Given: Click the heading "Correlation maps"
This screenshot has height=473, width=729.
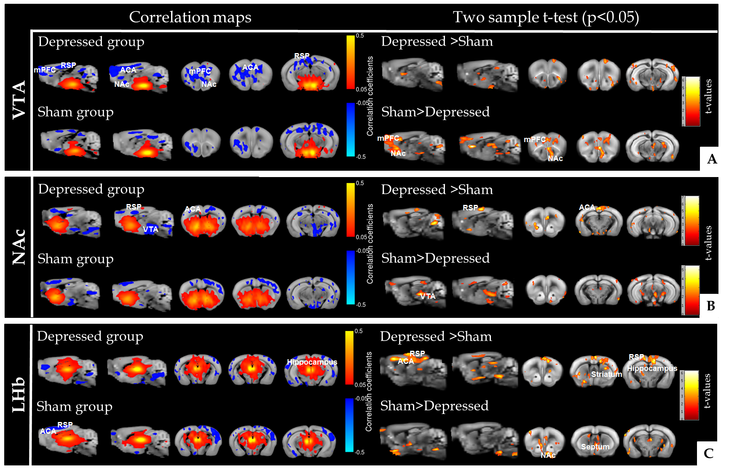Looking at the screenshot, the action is click(x=190, y=17).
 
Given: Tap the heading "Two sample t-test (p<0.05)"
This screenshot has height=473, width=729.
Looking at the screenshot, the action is click(x=546, y=17).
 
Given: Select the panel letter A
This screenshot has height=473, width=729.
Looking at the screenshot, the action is click(x=712, y=159).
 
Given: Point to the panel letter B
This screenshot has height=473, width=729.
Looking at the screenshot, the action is click(x=710, y=306).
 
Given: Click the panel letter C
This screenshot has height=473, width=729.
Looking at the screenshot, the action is click(x=708, y=453).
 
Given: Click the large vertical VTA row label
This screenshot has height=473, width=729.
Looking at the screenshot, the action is click(x=19, y=100).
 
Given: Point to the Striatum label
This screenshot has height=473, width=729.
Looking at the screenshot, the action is click(x=606, y=374).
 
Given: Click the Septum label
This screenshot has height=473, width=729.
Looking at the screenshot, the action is click(x=595, y=446).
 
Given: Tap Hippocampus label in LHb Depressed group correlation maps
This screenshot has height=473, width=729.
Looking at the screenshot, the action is click(x=312, y=362).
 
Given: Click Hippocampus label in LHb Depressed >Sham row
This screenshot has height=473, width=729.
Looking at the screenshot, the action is click(x=652, y=368).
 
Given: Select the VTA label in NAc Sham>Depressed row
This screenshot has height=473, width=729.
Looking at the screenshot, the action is click(x=428, y=296).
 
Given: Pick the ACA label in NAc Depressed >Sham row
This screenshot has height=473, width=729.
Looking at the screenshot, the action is click(x=587, y=207).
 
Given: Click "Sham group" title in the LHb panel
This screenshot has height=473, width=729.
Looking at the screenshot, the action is click(x=75, y=406).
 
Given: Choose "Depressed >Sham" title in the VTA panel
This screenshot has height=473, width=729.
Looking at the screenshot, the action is click(x=437, y=41).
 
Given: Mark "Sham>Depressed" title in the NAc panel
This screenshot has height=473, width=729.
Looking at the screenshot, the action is click(x=435, y=258).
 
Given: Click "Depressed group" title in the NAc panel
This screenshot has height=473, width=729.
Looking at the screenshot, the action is click(x=91, y=189).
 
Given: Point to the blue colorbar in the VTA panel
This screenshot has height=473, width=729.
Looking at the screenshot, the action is click(x=351, y=129).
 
